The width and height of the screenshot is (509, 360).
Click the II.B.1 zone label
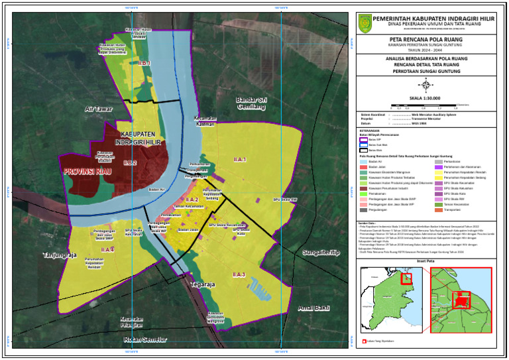pyautogui.click(x=144, y=63)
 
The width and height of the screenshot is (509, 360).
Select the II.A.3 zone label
pyautogui.click(x=239, y=274)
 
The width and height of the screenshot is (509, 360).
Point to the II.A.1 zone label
pyautogui.click(x=240, y=160)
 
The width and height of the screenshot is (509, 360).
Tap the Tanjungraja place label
pyautogui.click(x=60, y=254)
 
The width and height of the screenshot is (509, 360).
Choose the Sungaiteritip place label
pyautogui.click(x=320, y=253)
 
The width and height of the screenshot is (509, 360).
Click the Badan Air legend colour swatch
pyautogui.click(x=363, y=161)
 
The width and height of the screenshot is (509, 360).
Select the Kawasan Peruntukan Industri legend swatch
pyautogui.click(x=363, y=188)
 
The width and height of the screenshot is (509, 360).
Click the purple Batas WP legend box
pyautogui.click(x=363, y=140)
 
